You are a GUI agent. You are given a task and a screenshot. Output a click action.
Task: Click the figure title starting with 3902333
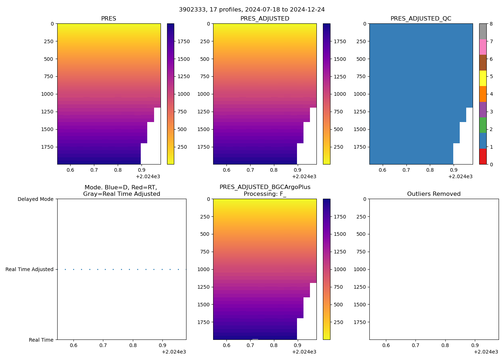pyautogui.click(x=252, y=9)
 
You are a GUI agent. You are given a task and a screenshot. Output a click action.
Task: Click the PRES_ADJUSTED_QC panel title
pyautogui.click(x=421, y=18)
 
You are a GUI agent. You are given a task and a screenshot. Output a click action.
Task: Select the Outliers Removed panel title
pyautogui.click(x=434, y=194)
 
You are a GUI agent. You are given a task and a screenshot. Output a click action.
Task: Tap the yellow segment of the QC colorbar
pyautogui.click(x=483, y=78)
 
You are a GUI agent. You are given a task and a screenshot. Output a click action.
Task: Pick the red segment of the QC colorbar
pyautogui.click(x=483, y=157)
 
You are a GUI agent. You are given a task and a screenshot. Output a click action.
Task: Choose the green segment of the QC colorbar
pyautogui.click(x=483, y=125)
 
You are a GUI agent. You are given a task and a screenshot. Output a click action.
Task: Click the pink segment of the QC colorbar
pyautogui.click(x=483, y=47)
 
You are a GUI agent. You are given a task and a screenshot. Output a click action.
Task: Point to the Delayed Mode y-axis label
pyautogui.click(x=35, y=199)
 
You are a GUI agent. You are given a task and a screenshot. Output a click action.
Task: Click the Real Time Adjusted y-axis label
pyautogui.click(x=30, y=269)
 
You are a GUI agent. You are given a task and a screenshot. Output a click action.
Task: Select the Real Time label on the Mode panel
pyautogui.click(x=41, y=340)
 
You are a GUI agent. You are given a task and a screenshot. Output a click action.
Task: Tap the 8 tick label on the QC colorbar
pyautogui.click(x=491, y=24)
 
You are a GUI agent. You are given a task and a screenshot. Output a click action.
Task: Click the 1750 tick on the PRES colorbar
pyautogui.click(x=183, y=41)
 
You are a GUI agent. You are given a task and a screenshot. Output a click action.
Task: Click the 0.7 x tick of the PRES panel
pyautogui.click(x=94, y=170)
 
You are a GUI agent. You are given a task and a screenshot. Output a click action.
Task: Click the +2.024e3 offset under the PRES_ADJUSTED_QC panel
pyautogui.click(x=460, y=176)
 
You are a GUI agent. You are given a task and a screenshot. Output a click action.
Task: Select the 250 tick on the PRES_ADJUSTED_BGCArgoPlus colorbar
pyautogui.click(x=338, y=322)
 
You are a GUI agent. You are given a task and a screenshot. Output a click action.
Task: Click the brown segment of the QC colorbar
pyautogui.click(x=483, y=63)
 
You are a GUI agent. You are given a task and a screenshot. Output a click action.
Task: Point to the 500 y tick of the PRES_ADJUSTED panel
pyautogui.click(x=204, y=59)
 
